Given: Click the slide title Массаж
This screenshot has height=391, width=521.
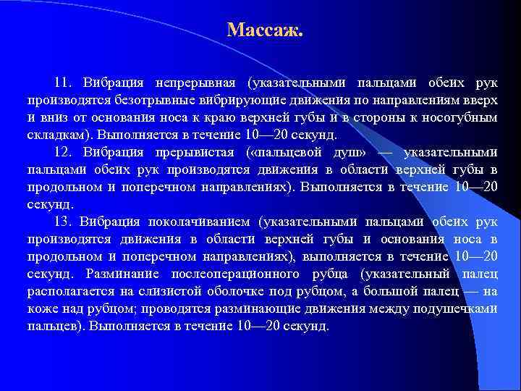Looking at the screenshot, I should [x=265, y=30].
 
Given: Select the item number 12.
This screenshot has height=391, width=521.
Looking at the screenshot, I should [x=64, y=152].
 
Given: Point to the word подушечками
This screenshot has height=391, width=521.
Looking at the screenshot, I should [x=457, y=308].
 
